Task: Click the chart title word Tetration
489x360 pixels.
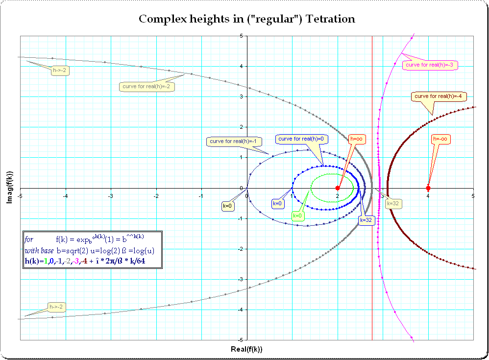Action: pyautogui.click(x=330, y=19)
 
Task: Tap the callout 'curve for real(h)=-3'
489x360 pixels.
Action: pyautogui.click(x=430, y=65)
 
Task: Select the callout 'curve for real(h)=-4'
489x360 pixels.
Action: pyautogui.click(x=439, y=96)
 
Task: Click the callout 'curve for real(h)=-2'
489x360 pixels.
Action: pyautogui.click(x=147, y=86)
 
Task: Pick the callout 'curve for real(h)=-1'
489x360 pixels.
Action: pyautogui.click(x=234, y=141)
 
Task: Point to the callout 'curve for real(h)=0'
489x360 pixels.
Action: pyautogui.click(x=301, y=139)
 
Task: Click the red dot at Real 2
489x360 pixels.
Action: pyautogui.click(x=338, y=188)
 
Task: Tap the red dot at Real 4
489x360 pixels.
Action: pyautogui.click(x=428, y=188)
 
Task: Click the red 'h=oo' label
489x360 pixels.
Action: pyautogui.click(x=356, y=139)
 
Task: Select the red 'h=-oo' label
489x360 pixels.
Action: pyautogui.click(x=440, y=139)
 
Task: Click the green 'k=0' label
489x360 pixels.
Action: pyautogui.click(x=297, y=216)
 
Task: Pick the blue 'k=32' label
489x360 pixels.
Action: pyautogui.click(x=366, y=220)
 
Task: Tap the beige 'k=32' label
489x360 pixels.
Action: pyautogui.click(x=393, y=204)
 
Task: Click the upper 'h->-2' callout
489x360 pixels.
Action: pyautogui.click(x=60, y=71)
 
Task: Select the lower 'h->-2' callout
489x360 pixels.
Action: pyautogui.click(x=56, y=307)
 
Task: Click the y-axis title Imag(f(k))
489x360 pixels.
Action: pyautogui.click(x=10, y=187)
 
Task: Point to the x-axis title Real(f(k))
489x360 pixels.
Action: pyautogui.click(x=246, y=349)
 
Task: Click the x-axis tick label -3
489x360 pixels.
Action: pyautogui.click(x=110, y=196)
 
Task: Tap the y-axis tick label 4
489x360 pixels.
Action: pyautogui.click(x=241, y=67)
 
